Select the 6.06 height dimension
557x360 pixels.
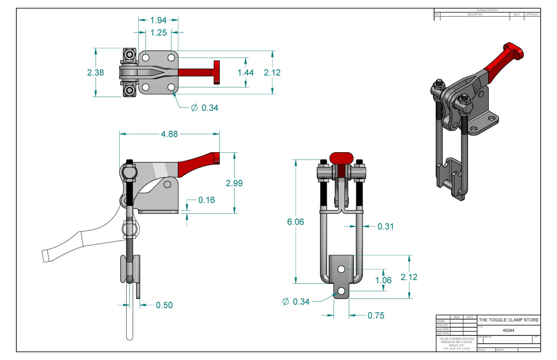[295, 222]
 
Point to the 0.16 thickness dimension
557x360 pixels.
[207, 200]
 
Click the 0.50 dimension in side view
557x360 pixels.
[164, 305]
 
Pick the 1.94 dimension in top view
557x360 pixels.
[159, 20]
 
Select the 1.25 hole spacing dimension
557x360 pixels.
[159, 32]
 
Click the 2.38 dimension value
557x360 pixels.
[96, 72]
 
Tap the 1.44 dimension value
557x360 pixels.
[246, 72]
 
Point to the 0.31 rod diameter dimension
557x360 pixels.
[386, 226]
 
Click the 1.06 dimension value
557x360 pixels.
[383, 280]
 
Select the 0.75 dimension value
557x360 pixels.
[376, 315]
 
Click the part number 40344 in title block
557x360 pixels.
[508, 331]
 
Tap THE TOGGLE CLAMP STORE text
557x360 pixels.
[509, 320]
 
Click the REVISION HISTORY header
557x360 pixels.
[487, 10]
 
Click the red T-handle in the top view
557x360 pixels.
[216, 72]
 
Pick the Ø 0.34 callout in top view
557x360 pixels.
[205, 108]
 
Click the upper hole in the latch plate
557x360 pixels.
[341, 269]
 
